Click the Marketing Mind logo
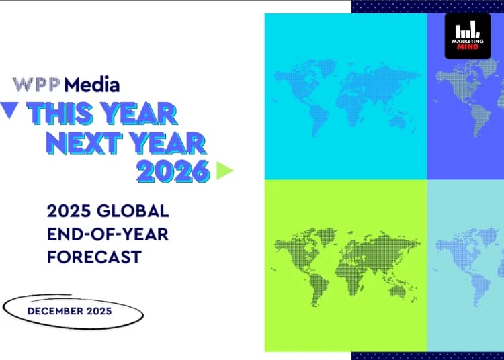click(x=468, y=36)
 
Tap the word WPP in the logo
click(x=36, y=85)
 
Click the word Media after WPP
click(x=92, y=85)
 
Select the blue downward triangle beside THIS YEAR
click(x=9, y=110)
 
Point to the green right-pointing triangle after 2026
click(x=224, y=171)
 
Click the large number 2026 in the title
click(x=173, y=171)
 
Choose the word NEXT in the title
click(x=84, y=143)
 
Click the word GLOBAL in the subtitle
click(x=133, y=211)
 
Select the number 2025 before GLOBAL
click(x=69, y=211)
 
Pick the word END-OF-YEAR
click(x=108, y=234)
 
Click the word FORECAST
click(x=94, y=257)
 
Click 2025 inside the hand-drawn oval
click(x=99, y=311)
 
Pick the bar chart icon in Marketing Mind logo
click(x=468, y=31)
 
